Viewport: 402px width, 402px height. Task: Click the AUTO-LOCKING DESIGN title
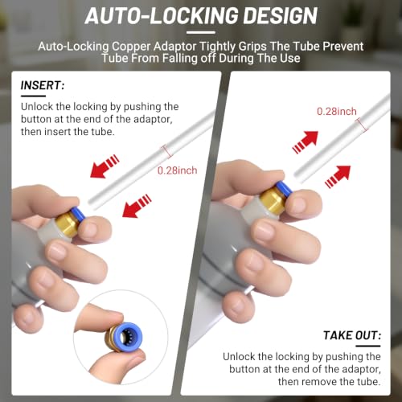pos(201,16)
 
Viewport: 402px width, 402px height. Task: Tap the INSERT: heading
pos(43,85)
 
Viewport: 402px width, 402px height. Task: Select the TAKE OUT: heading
pos(352,335)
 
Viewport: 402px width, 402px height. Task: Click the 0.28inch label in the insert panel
pos(177,170)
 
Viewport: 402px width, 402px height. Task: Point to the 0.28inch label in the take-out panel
pos(337,112)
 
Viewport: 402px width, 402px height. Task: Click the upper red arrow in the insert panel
pos(105,166)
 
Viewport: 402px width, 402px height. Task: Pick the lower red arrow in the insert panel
pos(137,206)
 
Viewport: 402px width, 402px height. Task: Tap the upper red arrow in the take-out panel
pos(306,142)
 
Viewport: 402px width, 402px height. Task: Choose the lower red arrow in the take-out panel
pos(338,177)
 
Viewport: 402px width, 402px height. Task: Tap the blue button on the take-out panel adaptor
pos(285,188)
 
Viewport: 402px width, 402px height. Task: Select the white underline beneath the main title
pos(201,33)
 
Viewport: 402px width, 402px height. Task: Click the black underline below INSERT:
pos(33,96)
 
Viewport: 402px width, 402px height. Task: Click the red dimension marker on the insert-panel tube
pos(167,151)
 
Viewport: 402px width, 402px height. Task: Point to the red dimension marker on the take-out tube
pos(362,125)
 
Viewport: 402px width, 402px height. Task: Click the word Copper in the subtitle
pos(131,47)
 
